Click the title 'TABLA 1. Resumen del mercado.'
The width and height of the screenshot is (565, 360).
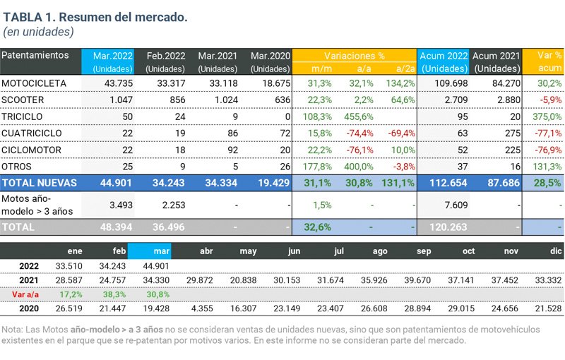[x=95, y=17]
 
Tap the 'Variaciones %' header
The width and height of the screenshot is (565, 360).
[x=355, y=55]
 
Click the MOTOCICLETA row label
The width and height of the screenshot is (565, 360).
[x=34, y=83]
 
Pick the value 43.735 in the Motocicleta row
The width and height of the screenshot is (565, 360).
[x=117, y=83]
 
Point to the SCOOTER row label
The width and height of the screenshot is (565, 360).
[x=24, y=100]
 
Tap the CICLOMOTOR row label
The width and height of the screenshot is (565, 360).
[x=31, y=150]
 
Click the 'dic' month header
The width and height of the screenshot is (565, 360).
[x=556, y=251]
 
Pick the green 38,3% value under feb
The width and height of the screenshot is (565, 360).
[x=115, y=293]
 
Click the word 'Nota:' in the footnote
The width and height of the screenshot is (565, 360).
[x=13, y=329]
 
